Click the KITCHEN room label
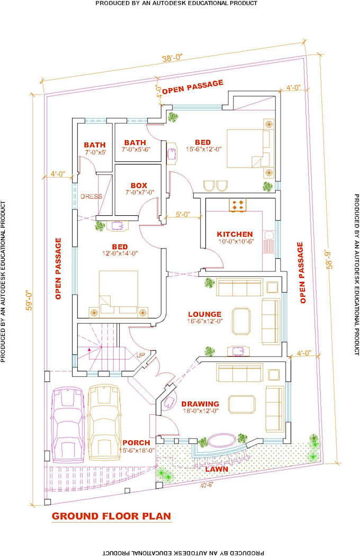click(235, 234)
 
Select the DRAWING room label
click(200, 404)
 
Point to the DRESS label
click(91, 197)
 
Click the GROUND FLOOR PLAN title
click(111, 516)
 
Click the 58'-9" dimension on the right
click(331, 256)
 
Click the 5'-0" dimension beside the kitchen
click(183, 215)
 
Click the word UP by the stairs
click(141, 354)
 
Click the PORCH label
click(136, 443)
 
